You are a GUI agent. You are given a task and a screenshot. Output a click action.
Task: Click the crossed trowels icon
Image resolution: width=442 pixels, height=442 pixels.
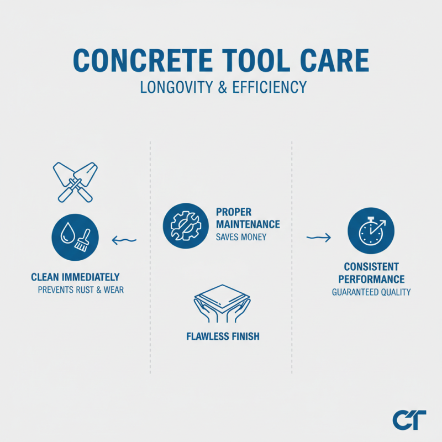[75, 181]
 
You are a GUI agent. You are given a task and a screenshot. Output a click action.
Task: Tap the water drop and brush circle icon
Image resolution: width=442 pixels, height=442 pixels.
[75, 238]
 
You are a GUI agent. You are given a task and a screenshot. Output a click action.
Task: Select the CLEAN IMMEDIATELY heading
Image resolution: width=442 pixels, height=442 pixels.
[75, 277]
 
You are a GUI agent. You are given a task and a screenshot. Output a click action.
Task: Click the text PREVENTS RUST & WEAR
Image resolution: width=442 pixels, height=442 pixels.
[81, 290]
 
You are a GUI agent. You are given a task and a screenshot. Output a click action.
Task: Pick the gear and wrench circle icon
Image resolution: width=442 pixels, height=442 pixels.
[181, 224]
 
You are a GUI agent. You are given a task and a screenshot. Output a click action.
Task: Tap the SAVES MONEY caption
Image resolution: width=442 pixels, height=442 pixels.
[241, 237]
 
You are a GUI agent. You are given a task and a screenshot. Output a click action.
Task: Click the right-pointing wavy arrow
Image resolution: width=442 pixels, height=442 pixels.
[319, 238]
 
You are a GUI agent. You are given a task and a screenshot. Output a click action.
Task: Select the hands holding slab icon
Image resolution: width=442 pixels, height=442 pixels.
[222, 303]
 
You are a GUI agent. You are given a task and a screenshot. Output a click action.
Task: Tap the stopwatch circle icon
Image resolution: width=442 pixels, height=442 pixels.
[371, 231]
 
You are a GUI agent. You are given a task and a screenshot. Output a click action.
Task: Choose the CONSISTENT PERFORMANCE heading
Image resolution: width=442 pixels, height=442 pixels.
[371, 273]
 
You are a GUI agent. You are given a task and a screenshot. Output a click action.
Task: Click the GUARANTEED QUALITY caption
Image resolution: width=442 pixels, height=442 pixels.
[371, 292]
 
